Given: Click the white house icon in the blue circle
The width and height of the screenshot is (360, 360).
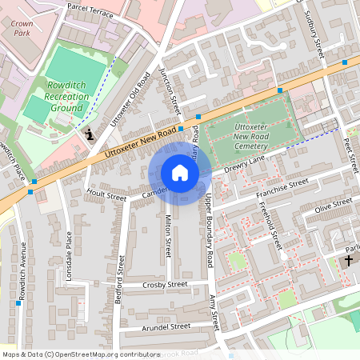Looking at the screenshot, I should pyautogui.click(x=180, y=173).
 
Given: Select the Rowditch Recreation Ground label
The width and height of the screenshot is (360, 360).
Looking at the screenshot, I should pyautogui.click(x=67, y=96).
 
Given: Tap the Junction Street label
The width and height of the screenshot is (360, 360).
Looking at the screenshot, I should pyautogui.click(x=170, y=90).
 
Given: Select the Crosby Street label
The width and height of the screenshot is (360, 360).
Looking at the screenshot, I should pyautogui.click(x=163, y=284).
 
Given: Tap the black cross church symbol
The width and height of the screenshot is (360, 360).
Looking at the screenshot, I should pyautogui.click(x=349, y=261).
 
